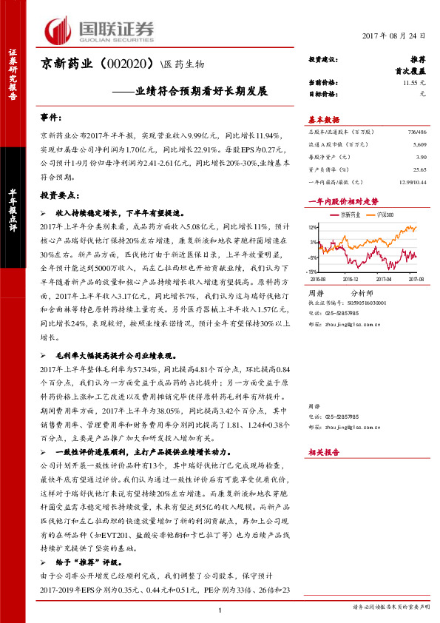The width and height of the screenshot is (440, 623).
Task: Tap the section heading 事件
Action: coord(50,118)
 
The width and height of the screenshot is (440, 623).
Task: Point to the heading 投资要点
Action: coord(59,195)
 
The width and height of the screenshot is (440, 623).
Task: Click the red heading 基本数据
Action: coord(323,120)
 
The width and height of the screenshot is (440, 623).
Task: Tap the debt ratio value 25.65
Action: coord(420,169)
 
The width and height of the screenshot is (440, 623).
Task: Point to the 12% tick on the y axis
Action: coord(313,227)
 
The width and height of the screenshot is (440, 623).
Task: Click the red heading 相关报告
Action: coord(323,452)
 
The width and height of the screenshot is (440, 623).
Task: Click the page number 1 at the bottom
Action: coord(220,610)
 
